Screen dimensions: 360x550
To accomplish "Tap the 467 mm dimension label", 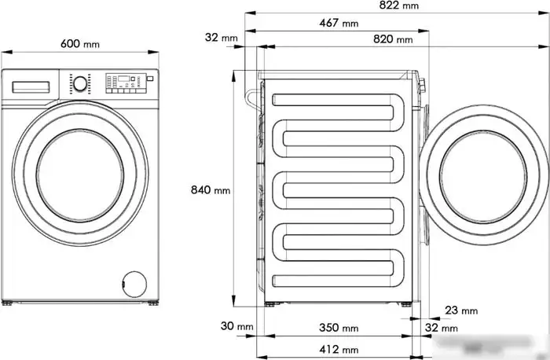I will (x=339, y=23).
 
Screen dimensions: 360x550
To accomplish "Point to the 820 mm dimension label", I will (x=393, y=39).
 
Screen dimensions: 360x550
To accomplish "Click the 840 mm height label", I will (x=211, y=190).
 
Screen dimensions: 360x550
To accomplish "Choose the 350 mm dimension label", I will (x=339, y=327).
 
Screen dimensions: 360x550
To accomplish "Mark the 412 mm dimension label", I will (x=339, y=349).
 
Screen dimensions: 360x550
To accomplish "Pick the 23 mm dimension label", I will (x=460, y=311).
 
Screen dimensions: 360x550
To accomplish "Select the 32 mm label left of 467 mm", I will (x=221, y=38).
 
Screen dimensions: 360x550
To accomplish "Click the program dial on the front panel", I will (x=79, y=83).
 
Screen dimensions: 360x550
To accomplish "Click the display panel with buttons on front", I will (x=124, y=82).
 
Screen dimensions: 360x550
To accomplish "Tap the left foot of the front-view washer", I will (x=7, y=303).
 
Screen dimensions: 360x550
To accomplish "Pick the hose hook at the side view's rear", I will (x=251, y=98).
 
